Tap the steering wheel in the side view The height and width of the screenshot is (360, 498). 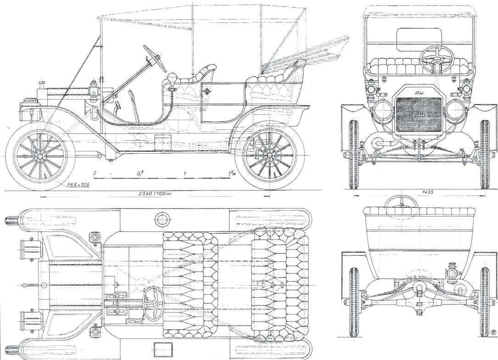click(x=155, y=57)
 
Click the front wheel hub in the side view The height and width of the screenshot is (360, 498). click(x=40, y=156)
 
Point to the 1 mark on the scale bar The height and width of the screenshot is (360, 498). click(x=185, y=173)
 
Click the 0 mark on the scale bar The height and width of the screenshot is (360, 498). click(x=95, y=173)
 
